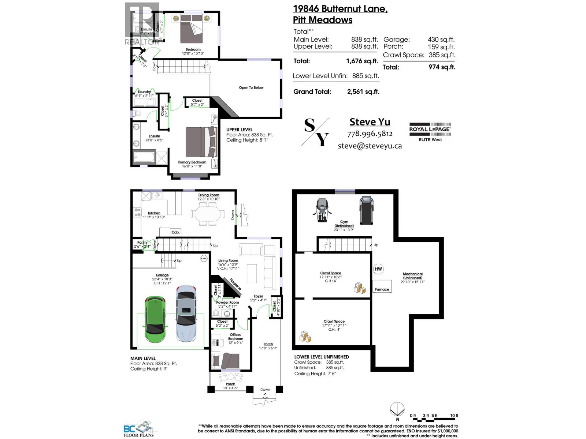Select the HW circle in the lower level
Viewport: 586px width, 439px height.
[x=378, y=269]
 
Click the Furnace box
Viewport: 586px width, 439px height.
[x=382, y=286]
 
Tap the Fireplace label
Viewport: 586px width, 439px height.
[x=235, y=284]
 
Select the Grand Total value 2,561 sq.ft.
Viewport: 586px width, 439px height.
[x=363, y=92]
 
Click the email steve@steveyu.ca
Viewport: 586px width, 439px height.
[x=370, y=146]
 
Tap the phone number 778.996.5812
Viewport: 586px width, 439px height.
[x=370, y=134]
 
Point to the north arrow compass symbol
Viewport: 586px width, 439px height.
[x=397, y=409]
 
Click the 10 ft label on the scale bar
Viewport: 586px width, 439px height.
[x=454, y=416]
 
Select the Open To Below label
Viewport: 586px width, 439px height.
[x=251, y=87]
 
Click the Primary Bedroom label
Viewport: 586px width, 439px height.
[x=192, y=162]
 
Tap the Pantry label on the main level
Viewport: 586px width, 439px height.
[x=142, y=243]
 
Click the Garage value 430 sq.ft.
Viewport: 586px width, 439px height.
[x=441, y=40]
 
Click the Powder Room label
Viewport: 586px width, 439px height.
[x=227, y=303]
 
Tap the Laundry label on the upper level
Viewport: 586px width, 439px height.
[x=144, y=92]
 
